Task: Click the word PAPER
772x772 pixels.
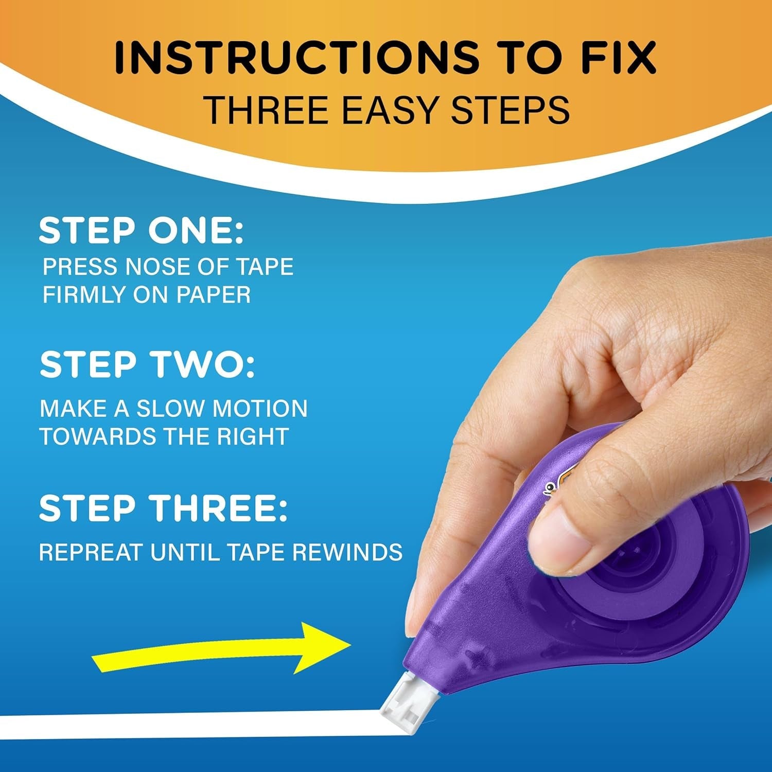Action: tap(214, 295)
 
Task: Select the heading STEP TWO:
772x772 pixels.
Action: tap(147, 365)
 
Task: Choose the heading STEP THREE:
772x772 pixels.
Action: tap(163, 508)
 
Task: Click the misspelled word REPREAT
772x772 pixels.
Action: tap(91, 552)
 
